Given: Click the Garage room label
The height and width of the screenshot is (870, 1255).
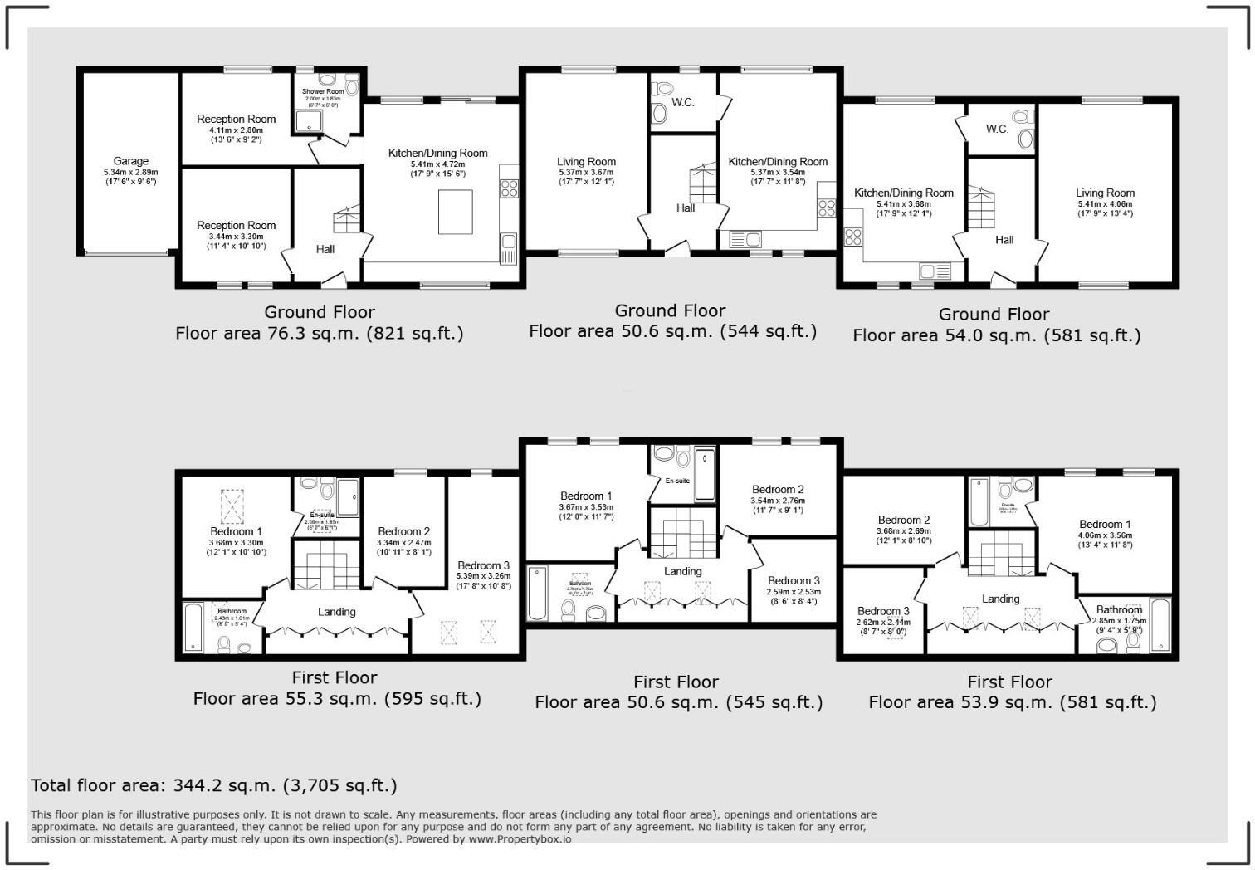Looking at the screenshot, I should (x=131, y=162).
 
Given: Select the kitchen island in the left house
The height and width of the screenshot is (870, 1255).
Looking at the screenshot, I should (x=456, y=212).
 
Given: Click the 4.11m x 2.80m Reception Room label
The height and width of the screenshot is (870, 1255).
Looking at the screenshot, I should (x=237, y=120).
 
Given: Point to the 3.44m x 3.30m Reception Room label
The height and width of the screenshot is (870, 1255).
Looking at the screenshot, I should (x=237, y=226).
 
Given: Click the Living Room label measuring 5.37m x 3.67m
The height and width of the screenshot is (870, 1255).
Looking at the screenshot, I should (x=587, y=163).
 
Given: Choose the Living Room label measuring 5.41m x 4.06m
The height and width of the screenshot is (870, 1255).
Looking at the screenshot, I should (x=1105, y=193).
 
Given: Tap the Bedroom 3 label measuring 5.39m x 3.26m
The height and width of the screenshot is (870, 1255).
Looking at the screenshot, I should (x=484, y=565).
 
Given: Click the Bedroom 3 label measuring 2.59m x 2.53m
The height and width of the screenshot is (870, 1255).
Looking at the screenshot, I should (x=794, y=581).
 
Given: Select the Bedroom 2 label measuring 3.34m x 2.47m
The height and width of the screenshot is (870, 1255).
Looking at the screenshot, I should (x=404, y=532).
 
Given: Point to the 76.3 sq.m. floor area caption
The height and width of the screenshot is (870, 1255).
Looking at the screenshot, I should (x=320, y=334).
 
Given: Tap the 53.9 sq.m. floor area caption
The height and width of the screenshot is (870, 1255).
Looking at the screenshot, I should (x=1012, y=702).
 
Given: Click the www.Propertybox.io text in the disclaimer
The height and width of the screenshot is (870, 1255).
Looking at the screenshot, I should (x=520, y=839).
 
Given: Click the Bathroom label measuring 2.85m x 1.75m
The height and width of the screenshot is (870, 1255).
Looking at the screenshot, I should (x=1119, y=610).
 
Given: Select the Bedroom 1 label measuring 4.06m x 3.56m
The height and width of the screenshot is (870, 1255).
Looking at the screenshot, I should (x=1105, y=525).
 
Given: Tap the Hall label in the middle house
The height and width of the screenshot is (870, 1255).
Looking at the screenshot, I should (x=686, y=208).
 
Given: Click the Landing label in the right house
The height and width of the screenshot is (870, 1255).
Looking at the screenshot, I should (x=1000, y=599).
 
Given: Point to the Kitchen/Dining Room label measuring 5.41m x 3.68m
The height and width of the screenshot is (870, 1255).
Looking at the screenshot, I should (x=904, y=193).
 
